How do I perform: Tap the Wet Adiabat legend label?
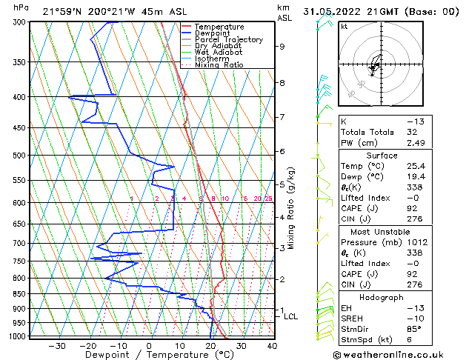pos(216,52)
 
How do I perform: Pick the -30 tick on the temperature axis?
pos(56,345)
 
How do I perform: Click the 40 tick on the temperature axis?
pos(272,345)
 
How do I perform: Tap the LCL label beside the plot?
pos(291,316)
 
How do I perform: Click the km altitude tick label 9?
pos(282,46)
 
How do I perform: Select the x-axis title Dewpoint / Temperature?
pos(150,355)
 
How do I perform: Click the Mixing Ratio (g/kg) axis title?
pos(292,207)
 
